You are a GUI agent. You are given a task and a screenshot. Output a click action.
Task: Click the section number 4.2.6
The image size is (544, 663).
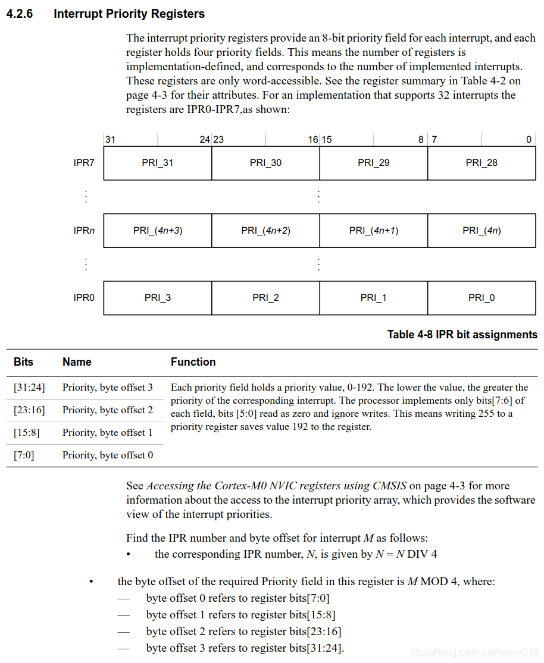(x=20, y=14)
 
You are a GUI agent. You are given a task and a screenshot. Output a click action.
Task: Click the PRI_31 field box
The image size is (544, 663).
(x=158, y=163)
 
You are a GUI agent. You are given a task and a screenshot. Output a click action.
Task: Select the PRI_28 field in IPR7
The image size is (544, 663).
(x=482, y=163)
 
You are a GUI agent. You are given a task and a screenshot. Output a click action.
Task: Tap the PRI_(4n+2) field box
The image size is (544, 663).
(x=265, y=231)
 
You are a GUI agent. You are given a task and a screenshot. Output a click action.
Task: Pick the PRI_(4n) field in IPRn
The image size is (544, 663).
(x=482, y=231)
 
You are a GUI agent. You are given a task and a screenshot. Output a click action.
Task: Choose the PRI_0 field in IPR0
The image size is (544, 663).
(x=482, y=298)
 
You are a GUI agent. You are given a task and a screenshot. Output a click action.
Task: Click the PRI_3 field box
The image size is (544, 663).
(x=158, y=298)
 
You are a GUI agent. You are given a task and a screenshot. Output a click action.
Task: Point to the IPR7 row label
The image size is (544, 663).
(x=84, y=163)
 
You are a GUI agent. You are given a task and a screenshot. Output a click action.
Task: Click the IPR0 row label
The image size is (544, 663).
(x=84, y=298)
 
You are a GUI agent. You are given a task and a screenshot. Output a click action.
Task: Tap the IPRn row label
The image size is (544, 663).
(x=84, y=231)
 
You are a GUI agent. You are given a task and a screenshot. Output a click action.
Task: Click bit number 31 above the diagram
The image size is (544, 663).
(x=110, y=140)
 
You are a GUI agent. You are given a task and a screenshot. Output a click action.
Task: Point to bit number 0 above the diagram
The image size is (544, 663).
(x=529, y=140)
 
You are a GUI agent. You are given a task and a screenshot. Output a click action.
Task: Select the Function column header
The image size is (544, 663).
(x=193, y=362)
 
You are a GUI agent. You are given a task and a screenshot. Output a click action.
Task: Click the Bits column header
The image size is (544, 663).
(x=24, y=362)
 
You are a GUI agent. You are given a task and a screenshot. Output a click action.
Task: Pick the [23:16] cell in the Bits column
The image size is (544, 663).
(x=29, y=410)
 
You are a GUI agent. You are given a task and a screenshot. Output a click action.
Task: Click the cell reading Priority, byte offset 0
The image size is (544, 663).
(x=108, y=455)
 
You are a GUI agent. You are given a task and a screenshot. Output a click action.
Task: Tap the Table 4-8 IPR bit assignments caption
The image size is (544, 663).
(x=462, y=335)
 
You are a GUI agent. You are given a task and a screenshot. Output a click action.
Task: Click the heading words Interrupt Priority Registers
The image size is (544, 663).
(x=129, y=14)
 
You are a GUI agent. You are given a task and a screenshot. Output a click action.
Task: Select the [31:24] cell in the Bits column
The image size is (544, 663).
(x=29, y=388)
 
